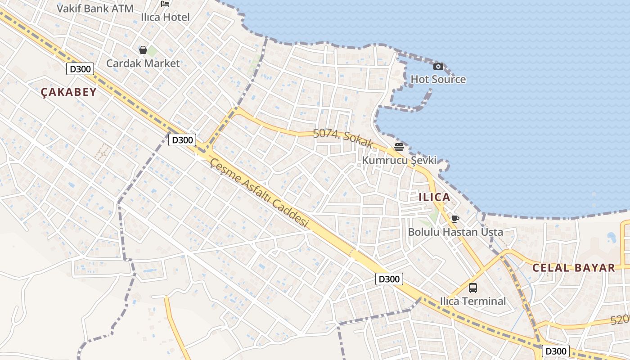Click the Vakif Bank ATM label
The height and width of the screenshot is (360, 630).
(x=95, y=8)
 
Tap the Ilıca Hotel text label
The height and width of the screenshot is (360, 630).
(x=166, y=17)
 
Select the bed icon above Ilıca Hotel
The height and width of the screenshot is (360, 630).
(x=165, y=4)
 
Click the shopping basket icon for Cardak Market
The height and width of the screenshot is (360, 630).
(x=143, y=49)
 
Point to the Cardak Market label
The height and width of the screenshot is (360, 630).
(x=143, y=63)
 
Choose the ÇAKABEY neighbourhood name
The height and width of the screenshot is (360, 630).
(x=69, y=92)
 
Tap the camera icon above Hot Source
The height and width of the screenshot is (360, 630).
(x=438, y=67)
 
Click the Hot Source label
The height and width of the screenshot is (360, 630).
(x=438, y=80)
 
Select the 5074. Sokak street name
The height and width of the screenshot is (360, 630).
(x=343, y=138)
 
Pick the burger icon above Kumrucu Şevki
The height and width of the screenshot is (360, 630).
(x=399, y=147)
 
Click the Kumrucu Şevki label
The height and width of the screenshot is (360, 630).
(x=399, y=160)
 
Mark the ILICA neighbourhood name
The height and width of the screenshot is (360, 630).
(x=434, y=197)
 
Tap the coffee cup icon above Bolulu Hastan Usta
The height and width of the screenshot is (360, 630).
(x=455, y=219)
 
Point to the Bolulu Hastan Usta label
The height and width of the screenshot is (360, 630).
(x=455, y=232)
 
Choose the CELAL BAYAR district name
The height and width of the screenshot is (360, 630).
(x=574, y=268)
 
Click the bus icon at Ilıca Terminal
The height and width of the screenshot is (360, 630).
(x=473, y=288)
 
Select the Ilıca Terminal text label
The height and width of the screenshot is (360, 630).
(x=473, y=301)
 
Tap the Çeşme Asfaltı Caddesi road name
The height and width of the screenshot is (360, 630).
(x=261, y=193)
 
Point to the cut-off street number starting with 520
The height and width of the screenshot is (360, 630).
(x=620, y=319)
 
